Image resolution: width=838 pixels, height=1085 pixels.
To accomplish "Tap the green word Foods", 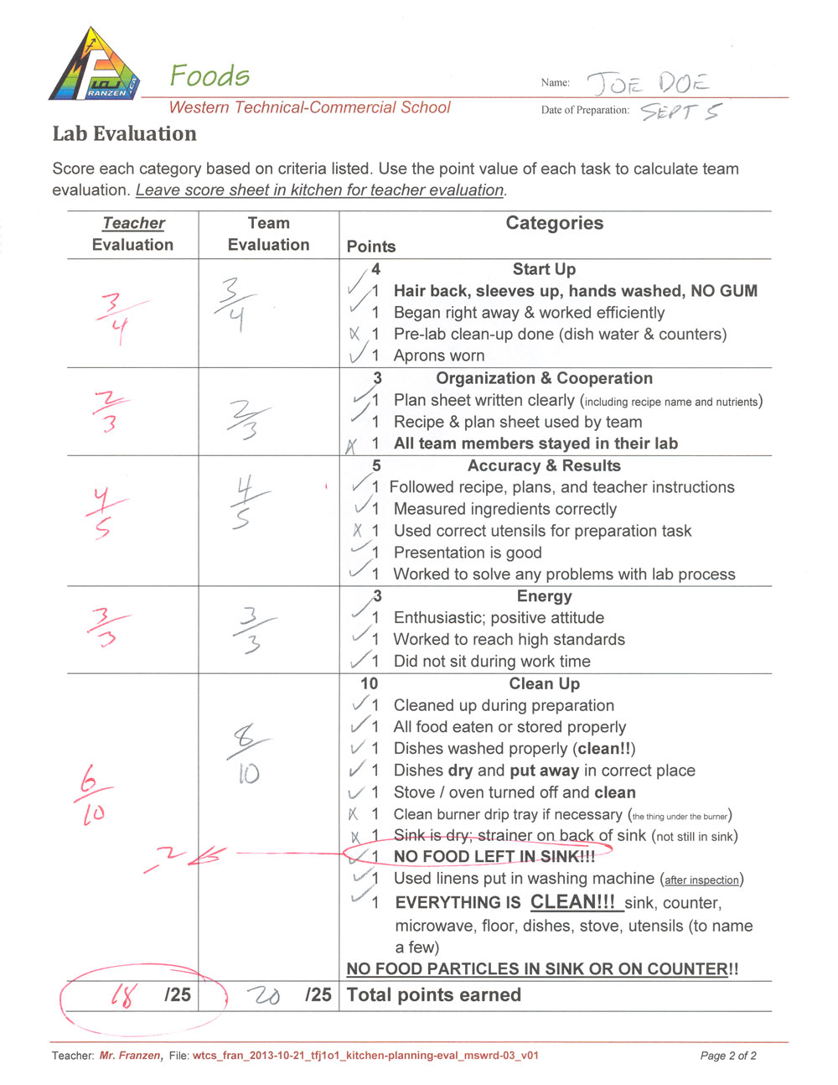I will coord(209,76).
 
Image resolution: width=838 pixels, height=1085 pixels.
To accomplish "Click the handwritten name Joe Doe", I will coord(647,84).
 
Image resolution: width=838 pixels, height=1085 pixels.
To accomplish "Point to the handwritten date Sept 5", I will coord(680,112).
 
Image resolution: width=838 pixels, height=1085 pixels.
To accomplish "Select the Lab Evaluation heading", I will coord(124,134).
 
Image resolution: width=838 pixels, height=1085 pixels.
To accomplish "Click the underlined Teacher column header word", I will coord(133,223).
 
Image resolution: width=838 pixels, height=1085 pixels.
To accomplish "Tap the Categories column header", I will coord(554,223).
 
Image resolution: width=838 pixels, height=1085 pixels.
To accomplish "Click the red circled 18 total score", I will coord(122,995).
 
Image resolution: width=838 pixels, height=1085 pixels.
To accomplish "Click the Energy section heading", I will coord(544,596).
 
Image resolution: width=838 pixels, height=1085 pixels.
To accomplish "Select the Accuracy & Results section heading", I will coord(544,465).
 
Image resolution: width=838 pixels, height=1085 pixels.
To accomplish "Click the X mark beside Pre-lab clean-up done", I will coord(354,334).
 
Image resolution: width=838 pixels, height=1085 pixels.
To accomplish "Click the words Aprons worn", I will coord(439,356).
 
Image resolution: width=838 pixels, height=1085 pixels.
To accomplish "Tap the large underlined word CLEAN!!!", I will coord(572,902).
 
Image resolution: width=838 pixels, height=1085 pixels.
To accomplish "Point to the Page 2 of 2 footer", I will coord(728,1056).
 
